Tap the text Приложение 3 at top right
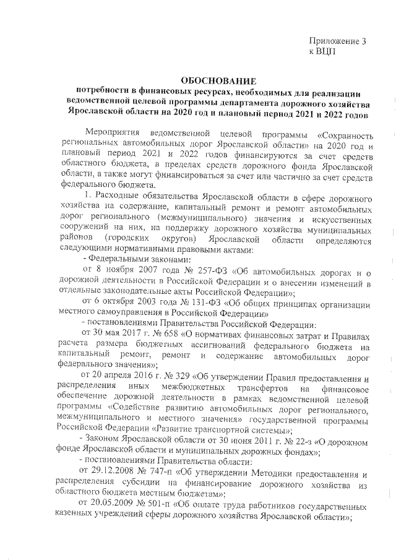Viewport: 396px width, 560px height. tap(337, 41)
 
